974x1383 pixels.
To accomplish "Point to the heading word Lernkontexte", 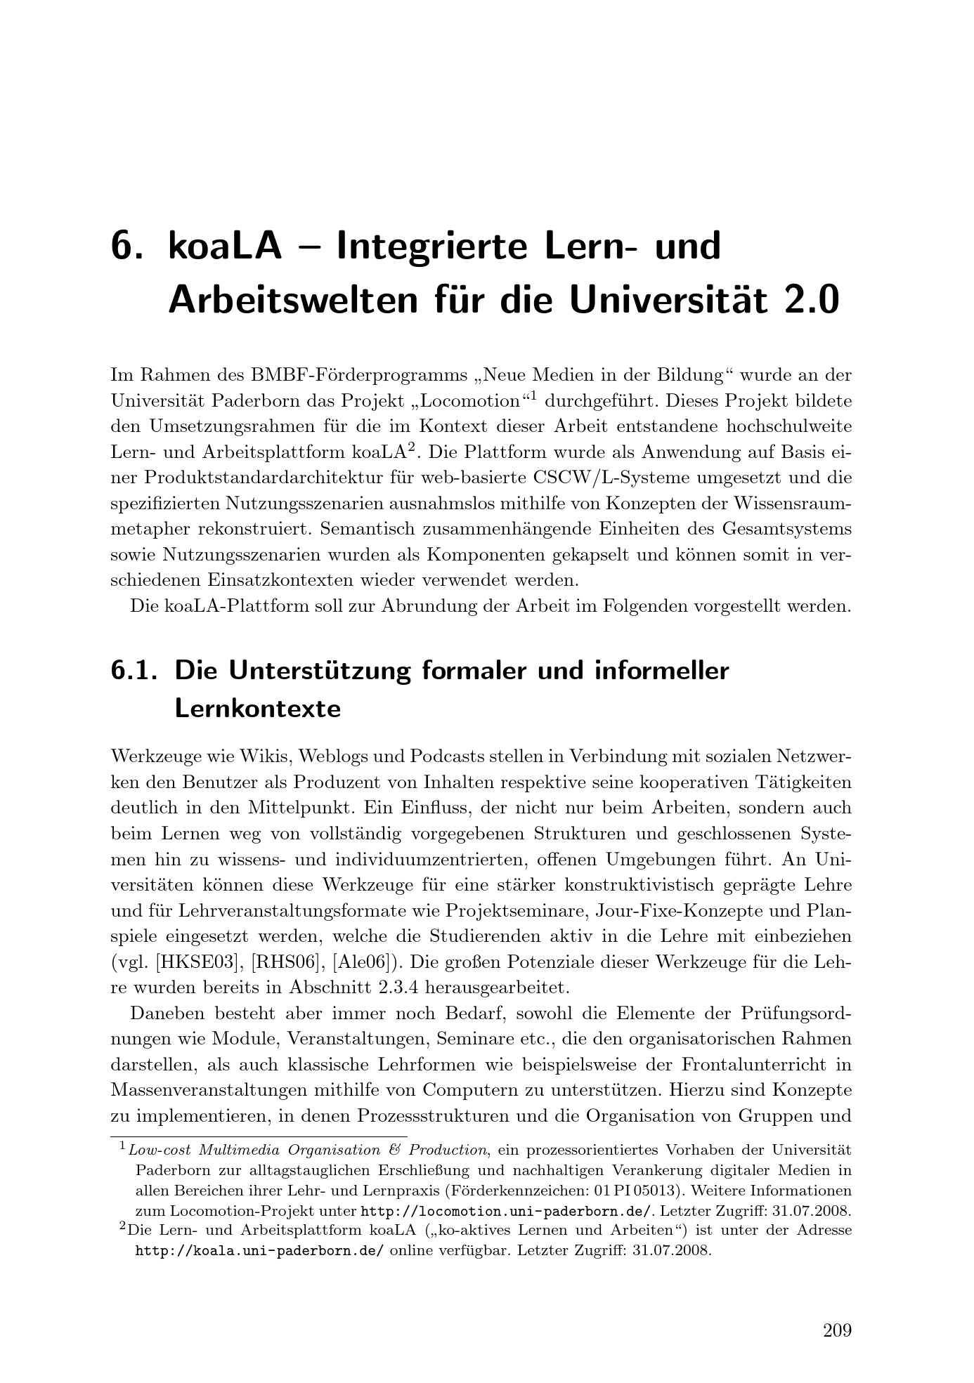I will [257, 709].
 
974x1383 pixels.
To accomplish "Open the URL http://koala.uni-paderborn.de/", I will [259, 1250].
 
